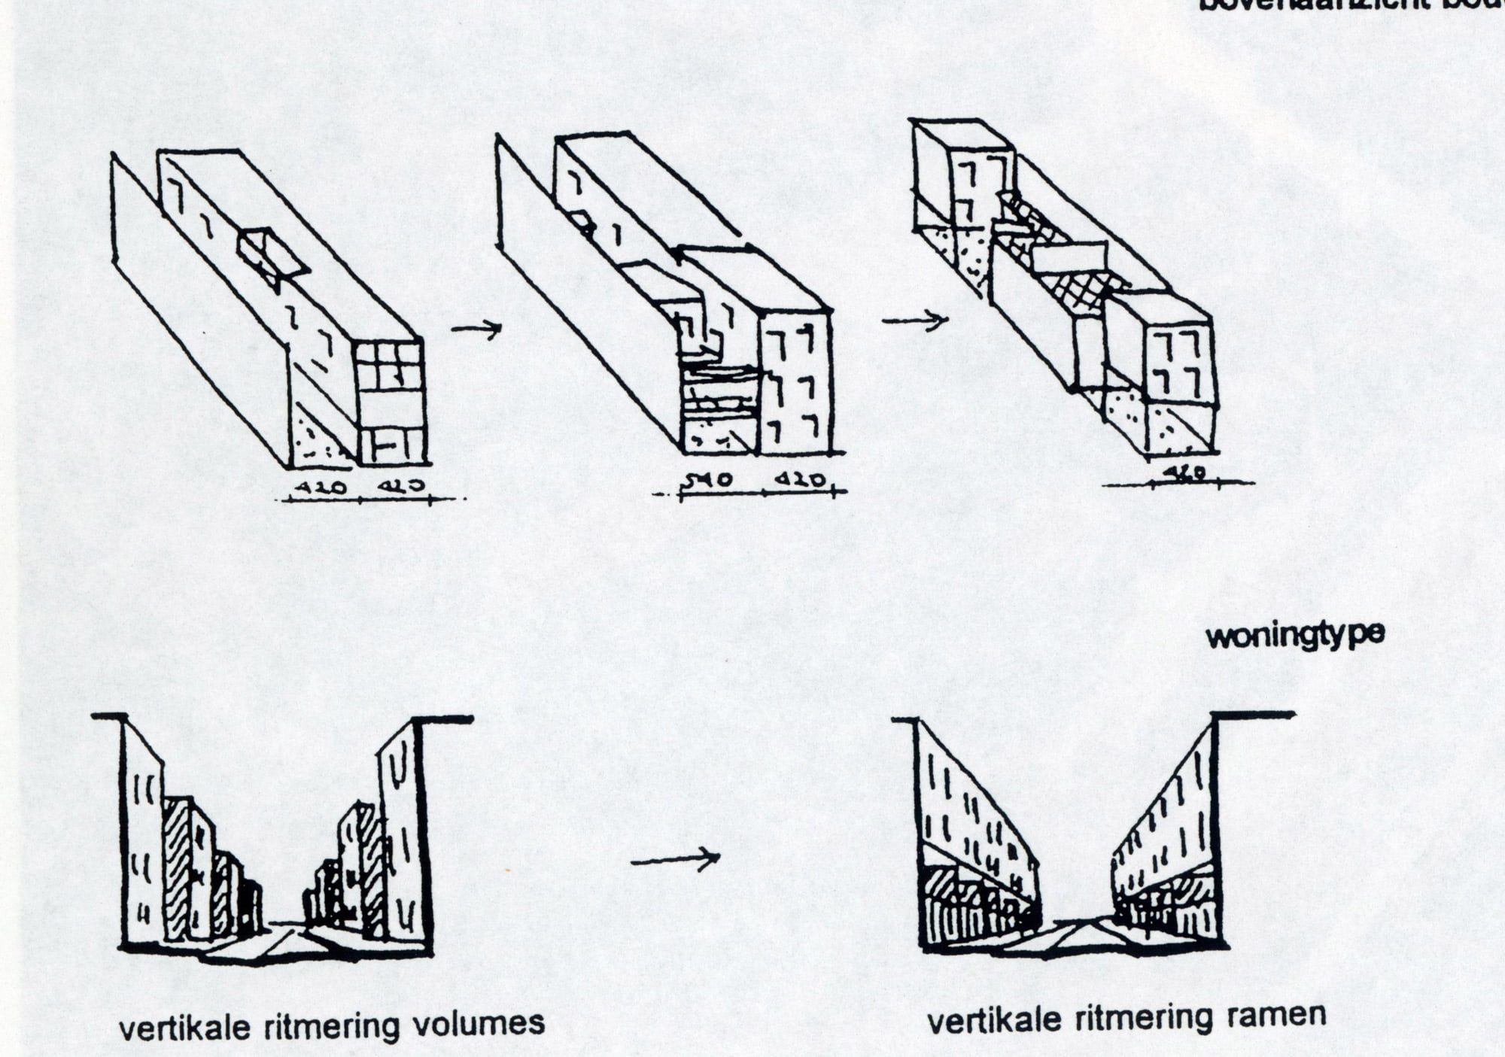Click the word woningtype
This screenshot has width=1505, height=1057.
tap(1295, 636)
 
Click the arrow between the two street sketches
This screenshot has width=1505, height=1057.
tap(675, 858)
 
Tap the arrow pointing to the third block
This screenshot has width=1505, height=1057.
tap(914, 320)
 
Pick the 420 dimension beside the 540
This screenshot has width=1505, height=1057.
tap(801, 479)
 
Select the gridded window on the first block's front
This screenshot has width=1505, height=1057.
tap(388, 366)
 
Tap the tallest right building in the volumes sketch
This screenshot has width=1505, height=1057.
tap(399, 828)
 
